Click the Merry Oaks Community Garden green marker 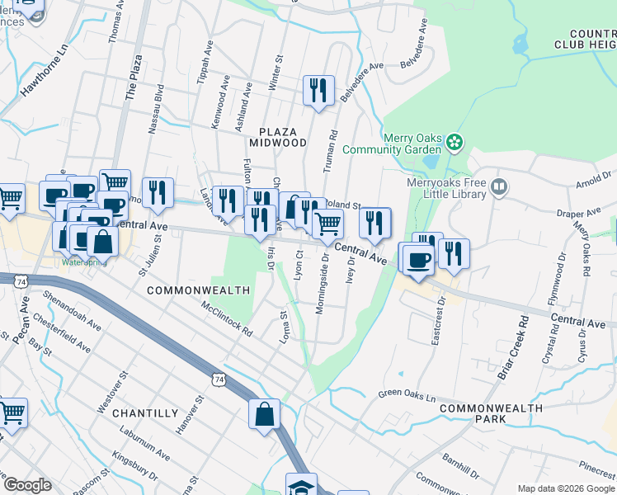(455, 143)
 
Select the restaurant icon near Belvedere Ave (318, 91)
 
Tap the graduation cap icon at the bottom (301, 486)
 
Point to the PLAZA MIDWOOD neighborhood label (284, 137)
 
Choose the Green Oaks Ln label (407, 397)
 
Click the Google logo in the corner (27, 485)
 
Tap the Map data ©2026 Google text (565, 488)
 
